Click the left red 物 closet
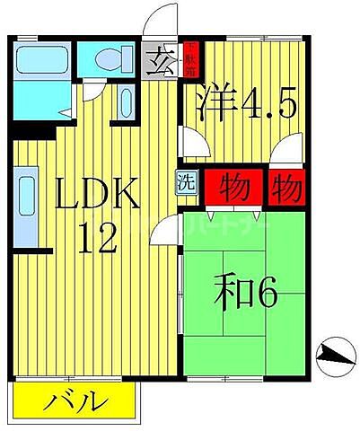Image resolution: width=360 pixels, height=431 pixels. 235,187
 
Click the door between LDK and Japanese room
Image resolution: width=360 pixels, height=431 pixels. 165,233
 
